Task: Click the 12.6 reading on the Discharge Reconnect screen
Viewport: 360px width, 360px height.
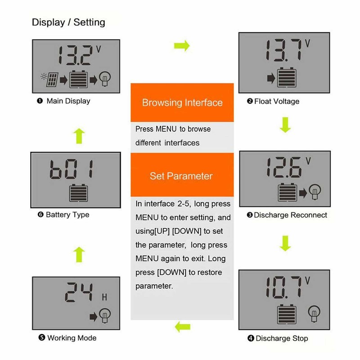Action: (x=282, y=168)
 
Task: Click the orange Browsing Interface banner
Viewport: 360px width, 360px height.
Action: (x=182, y=102)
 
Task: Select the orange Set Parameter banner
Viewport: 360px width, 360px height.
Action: (x=182, y=175)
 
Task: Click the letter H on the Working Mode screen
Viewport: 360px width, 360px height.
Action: (x=104, y=297)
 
